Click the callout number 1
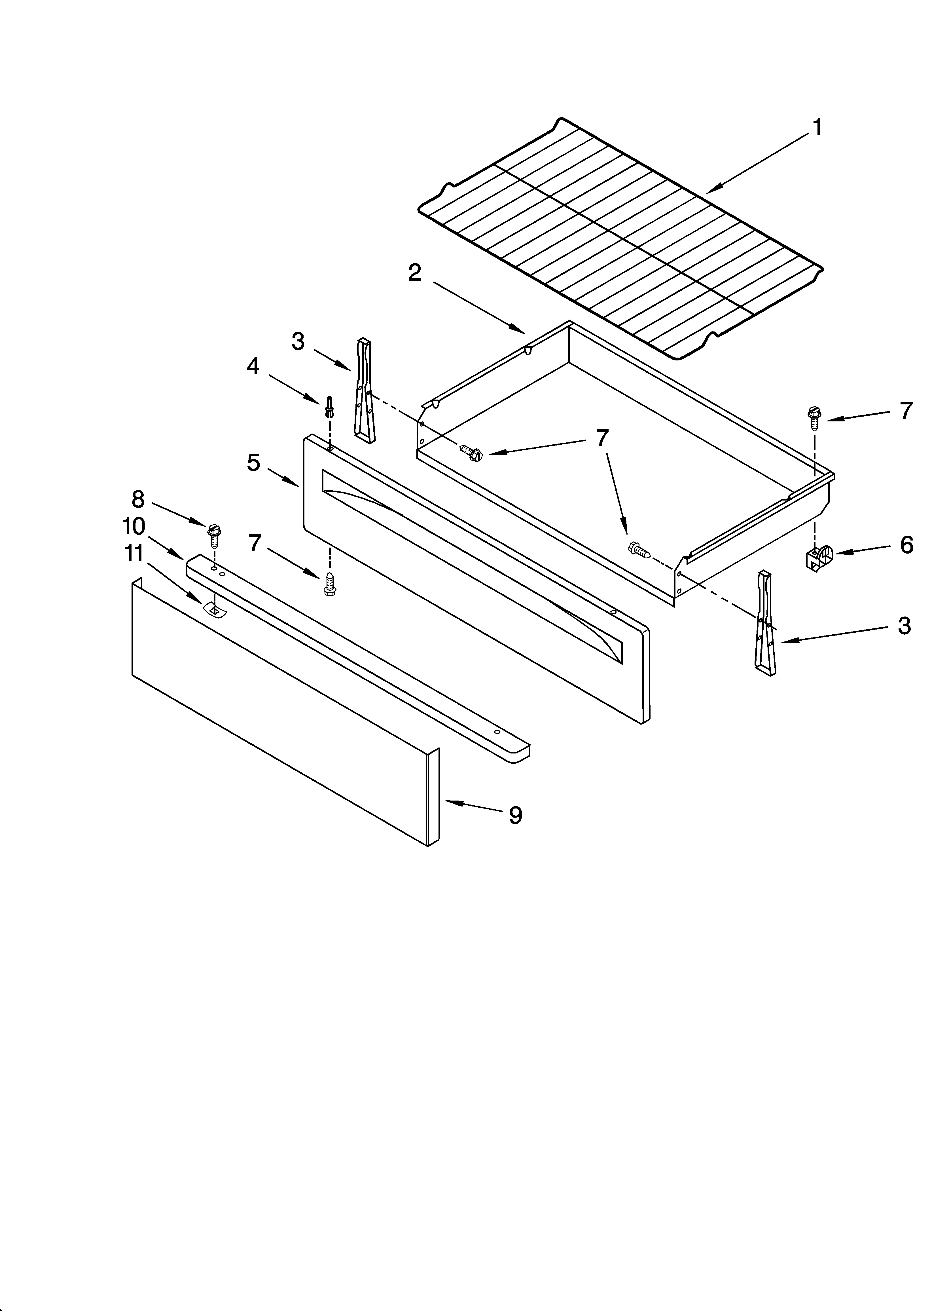click(817, 127)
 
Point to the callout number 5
click(253, 463)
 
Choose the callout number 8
click(137, 498)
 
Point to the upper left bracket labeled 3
click(364, 390)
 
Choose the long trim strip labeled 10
click(358, 659)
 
